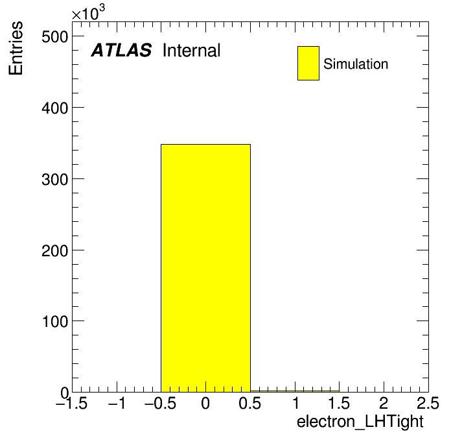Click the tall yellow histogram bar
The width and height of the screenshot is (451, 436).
(205, 268)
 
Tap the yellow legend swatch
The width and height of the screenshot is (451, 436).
(308, 63)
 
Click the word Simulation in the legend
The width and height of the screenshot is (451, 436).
(356, 64)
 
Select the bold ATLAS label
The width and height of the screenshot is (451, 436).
(121, 50)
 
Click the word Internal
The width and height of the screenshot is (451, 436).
(192, 51)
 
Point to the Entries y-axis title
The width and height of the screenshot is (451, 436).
(16, 48)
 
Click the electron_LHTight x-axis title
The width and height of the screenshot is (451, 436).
(360, 422)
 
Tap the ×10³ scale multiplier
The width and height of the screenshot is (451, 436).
(88, 13)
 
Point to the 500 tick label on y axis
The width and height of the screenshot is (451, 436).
(55, 37)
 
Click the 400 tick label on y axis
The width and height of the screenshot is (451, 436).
(55, 108)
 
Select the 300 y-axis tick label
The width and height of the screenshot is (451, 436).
(55, 180)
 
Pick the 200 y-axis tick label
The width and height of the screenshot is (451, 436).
(55, 251)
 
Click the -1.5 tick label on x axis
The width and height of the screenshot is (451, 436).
(72, 403)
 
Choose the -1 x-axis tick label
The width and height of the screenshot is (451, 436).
(117, 403)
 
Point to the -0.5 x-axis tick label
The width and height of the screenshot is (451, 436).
(161, 403)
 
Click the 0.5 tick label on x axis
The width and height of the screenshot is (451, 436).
(250, 403)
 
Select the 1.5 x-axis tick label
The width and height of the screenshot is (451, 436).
(339, 403)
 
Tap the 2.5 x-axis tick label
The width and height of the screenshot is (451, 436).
(428, 403)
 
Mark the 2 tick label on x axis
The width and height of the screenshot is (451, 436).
(384, 403)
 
